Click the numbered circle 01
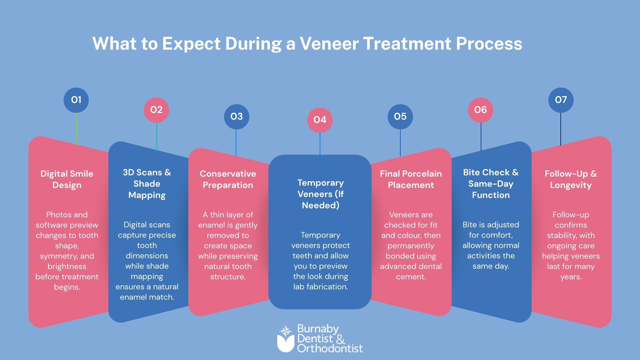click(76, 100)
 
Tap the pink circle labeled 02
click(156, 110)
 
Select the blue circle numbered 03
click(236, 116)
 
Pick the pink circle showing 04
click(320, 120)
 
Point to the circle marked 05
click(400, 116)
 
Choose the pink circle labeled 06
click(480, 110)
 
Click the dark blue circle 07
click(561, 100)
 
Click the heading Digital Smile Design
click(67, 179)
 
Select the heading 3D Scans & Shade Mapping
click(147, 184)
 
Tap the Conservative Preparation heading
click(228, 179)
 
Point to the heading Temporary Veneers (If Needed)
click(320, 194)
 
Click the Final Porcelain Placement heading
click(411, 179)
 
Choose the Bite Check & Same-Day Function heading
click(491, 184)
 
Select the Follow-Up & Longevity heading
click(571, 179)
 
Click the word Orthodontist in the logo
click(330, 349)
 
